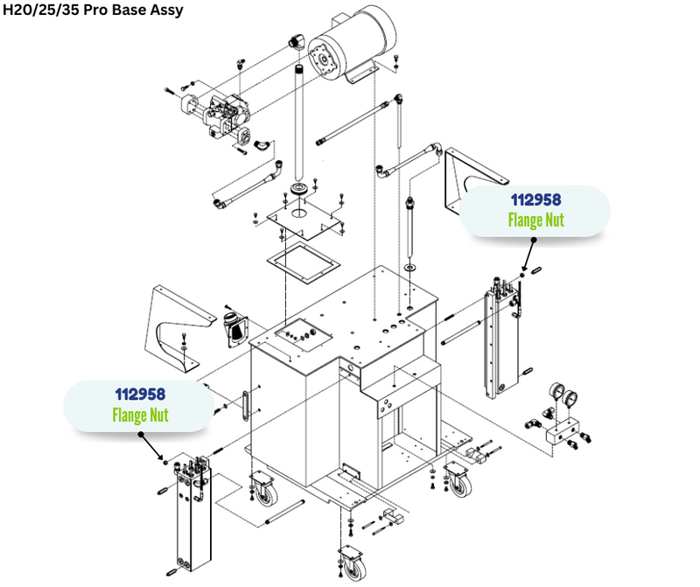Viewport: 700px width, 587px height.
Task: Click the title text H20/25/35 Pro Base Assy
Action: [93, 12]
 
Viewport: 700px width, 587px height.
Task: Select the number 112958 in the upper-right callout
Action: [535, 200]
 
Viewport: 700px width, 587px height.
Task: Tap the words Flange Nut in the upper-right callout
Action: [535, 219]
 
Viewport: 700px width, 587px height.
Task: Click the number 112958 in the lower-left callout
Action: [140, 395]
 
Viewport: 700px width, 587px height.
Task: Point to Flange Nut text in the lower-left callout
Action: [140, 414]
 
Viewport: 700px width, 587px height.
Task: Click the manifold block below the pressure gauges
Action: [564, 434]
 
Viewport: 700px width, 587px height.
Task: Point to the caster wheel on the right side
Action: [458, 482]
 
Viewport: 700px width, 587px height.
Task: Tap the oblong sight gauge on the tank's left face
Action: [245, 406]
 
